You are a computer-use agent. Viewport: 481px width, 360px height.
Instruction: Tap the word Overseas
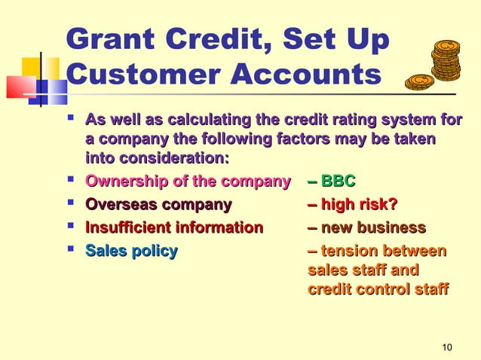[x=119, y=206]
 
